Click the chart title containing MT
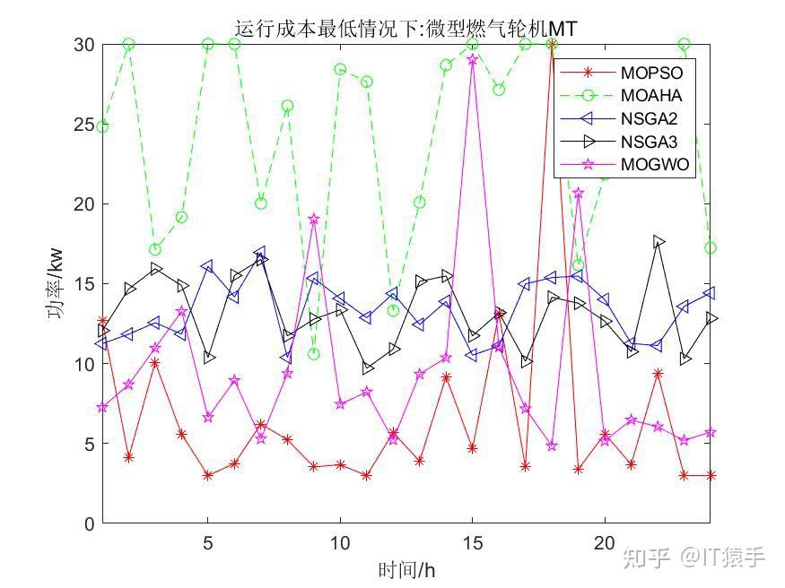tap(405, 29)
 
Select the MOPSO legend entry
tap(651, 72)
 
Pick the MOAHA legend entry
tap(651, 95)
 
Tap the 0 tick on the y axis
tap(90, 524)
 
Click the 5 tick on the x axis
tap(208, 543)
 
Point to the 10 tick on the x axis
tap(340, 543)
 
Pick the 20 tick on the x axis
tap(605, 543)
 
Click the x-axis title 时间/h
tap(406, 569)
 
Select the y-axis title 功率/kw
tap(56, 284)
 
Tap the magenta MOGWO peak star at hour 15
tap(473, 60)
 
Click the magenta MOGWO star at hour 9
tap(314, 219)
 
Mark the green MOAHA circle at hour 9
tap(314, 354)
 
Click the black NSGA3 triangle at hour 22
tap(659, 241)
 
